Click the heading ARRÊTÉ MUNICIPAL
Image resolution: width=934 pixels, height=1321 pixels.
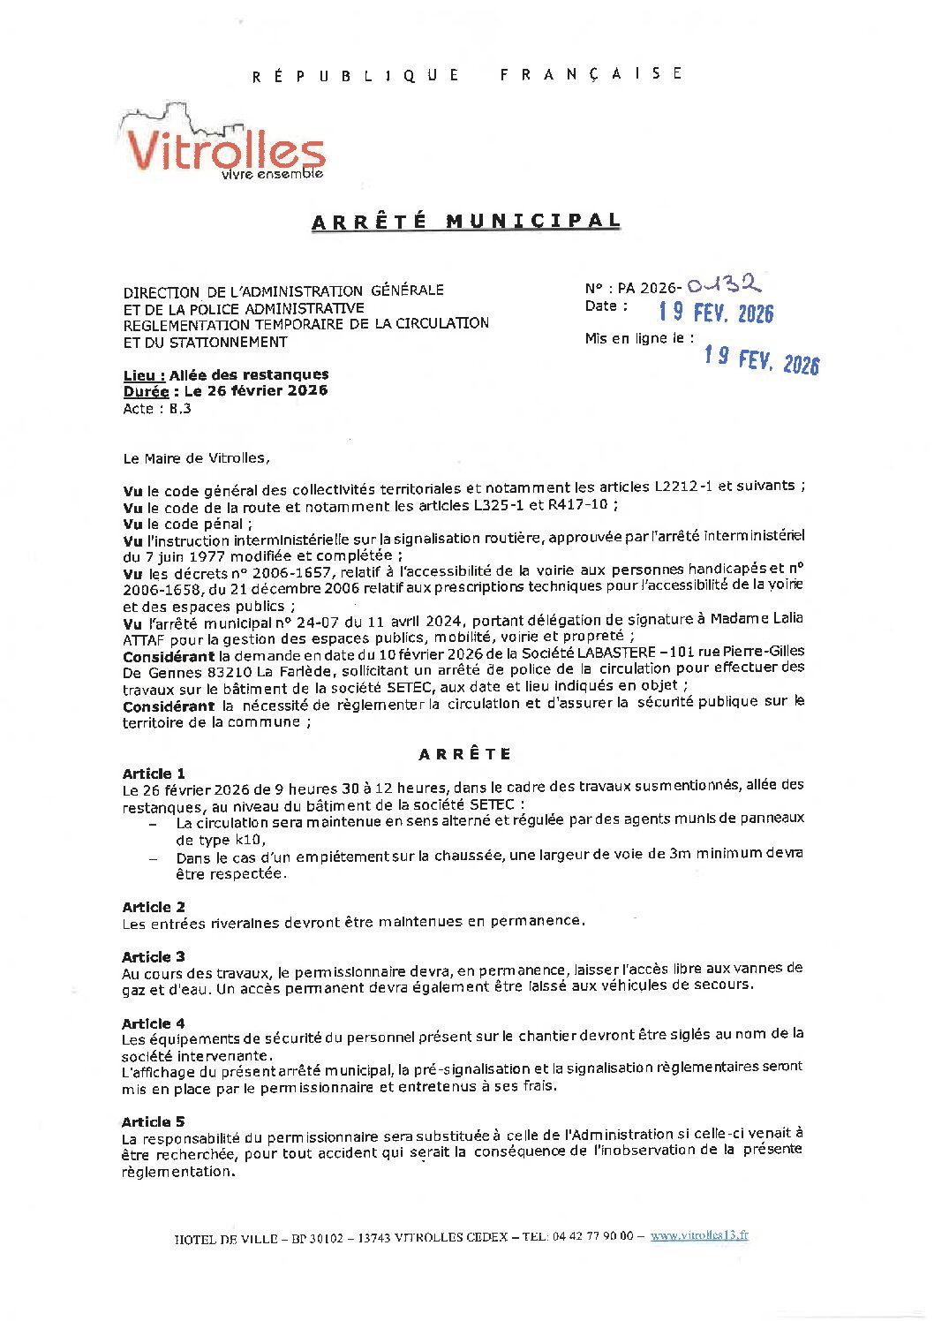click(466, 221)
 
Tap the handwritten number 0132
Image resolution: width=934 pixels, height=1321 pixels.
click(724, 284)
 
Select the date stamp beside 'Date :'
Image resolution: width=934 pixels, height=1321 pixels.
click(716, 313)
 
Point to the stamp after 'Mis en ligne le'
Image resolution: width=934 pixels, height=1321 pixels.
click(762, 359)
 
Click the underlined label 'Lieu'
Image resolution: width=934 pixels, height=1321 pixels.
click(144, 375)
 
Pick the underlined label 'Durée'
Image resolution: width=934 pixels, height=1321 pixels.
click(146, 391)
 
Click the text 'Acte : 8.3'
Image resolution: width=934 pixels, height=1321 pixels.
click(157, 409)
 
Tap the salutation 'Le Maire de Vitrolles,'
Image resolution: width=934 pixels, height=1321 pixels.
click(197, 458)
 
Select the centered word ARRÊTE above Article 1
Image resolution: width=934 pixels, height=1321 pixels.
click(465, 754)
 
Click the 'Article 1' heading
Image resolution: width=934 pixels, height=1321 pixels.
click(154, 774)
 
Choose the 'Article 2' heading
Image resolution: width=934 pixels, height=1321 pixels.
click(154, 907)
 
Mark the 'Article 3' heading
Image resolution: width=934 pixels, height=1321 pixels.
click(154, 957)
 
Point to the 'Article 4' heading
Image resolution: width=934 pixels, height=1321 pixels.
click(154, 1023)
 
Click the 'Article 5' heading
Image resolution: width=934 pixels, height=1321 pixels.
click(154, 1121)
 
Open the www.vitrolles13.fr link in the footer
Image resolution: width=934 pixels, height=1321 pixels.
click(699, 1236)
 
